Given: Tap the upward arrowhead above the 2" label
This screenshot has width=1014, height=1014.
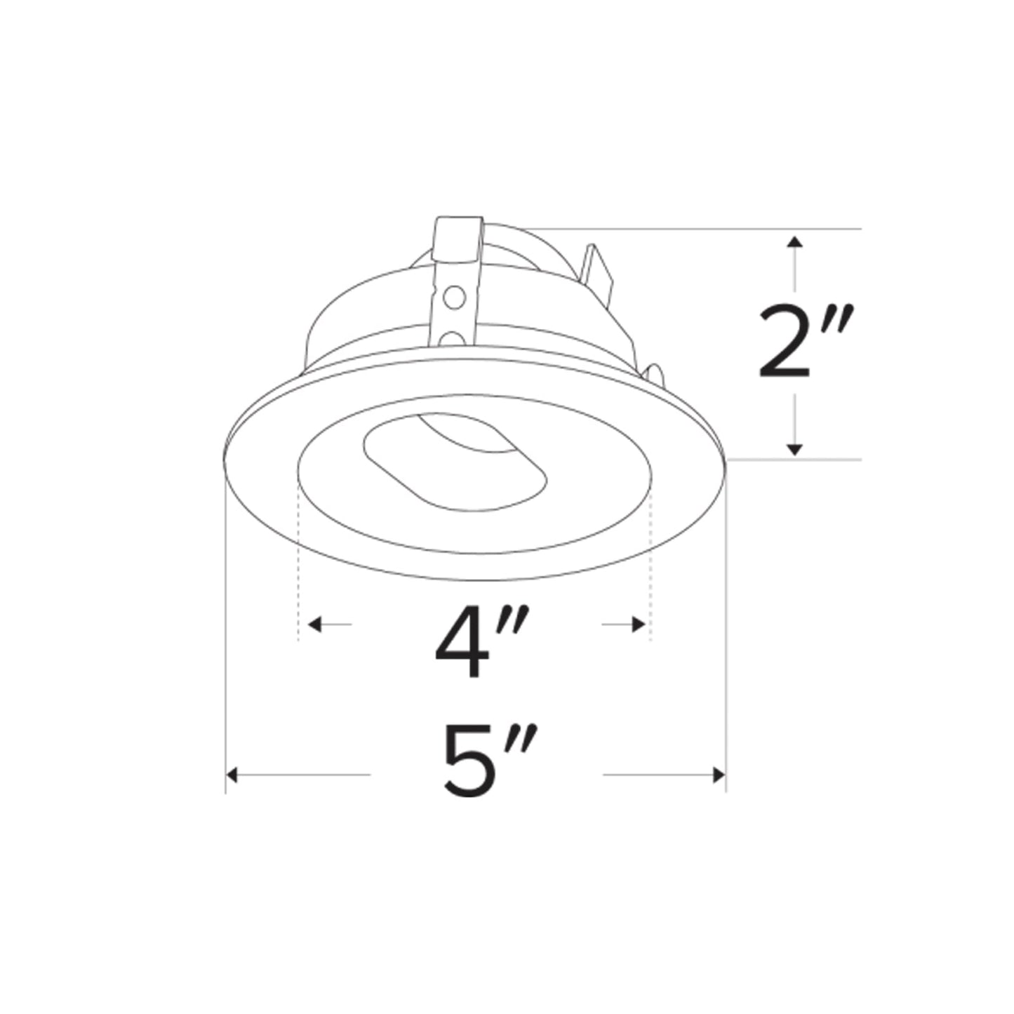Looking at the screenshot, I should click(x=794, y=242).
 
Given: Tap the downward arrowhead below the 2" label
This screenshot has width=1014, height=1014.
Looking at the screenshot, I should click(x=794, y=448).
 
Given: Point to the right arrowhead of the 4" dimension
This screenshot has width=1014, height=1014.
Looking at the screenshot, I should click(x=639, y=624).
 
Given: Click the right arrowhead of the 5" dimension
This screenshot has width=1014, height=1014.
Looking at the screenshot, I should click(x=718, y=775).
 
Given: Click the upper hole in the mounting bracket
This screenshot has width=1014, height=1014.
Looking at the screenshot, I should click(x=455, y=298).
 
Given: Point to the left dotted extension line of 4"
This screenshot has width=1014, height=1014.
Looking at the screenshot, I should click(x=299, y=561).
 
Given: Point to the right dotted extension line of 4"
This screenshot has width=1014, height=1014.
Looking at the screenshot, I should click(x=651, y=561).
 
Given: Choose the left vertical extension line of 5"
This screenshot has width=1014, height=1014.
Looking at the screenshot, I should click(x=225, y=632).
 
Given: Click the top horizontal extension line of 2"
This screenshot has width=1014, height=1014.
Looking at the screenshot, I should click(x=702, y=229).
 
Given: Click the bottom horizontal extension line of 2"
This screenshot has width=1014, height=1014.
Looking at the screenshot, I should click(x=793, y=460).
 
